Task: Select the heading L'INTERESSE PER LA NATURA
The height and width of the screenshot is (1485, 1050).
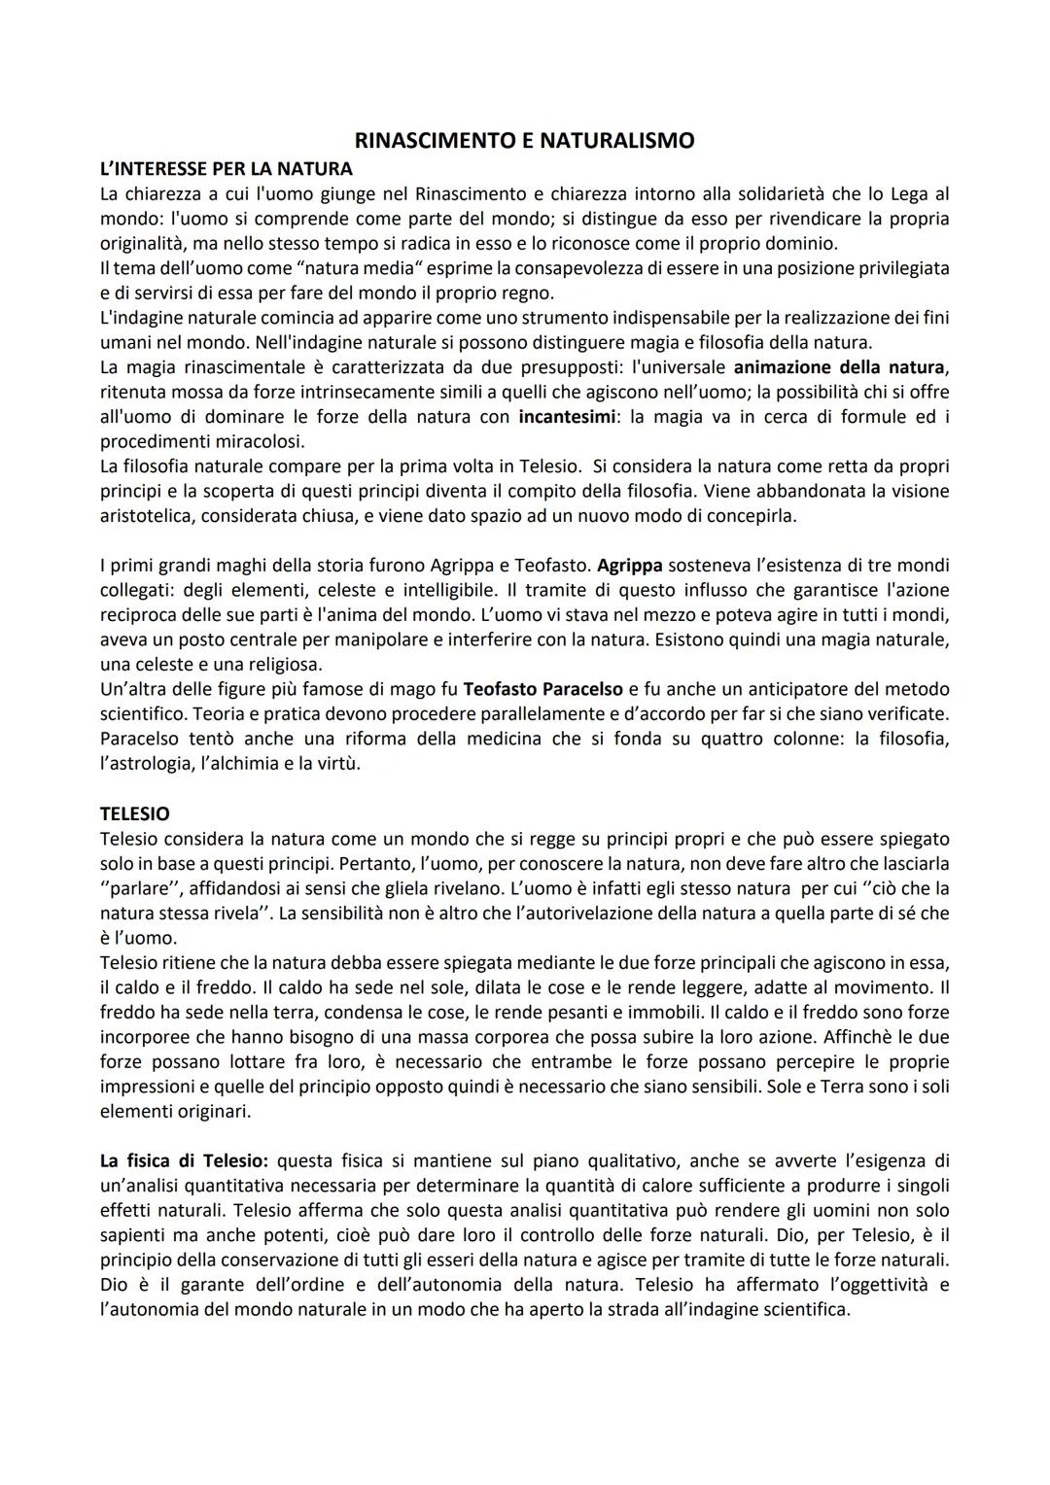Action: (x=227, y=169)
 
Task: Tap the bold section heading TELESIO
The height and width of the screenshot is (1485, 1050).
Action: (x=134, y=813)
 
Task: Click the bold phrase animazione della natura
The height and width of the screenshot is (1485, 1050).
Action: (x=838, y=367)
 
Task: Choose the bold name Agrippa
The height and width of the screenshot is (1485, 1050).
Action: (x=630, y=565)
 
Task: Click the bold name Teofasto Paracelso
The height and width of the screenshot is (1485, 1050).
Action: (x=543, y=689)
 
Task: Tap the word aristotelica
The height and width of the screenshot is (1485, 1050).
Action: (x=148, y=516)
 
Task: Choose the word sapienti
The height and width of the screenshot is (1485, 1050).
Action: (x=135, y=1235)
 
